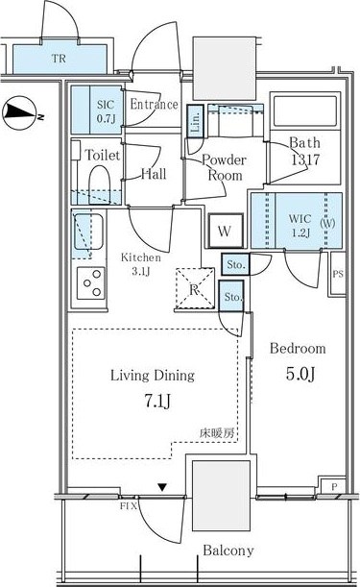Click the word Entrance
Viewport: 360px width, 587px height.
154,105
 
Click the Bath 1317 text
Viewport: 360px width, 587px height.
307,152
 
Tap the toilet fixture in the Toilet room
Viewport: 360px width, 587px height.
98,185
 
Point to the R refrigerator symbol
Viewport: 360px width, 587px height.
194,288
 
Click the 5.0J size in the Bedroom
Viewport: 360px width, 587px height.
298,371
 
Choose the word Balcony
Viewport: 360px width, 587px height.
227,550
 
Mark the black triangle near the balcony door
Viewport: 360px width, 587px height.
163,488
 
